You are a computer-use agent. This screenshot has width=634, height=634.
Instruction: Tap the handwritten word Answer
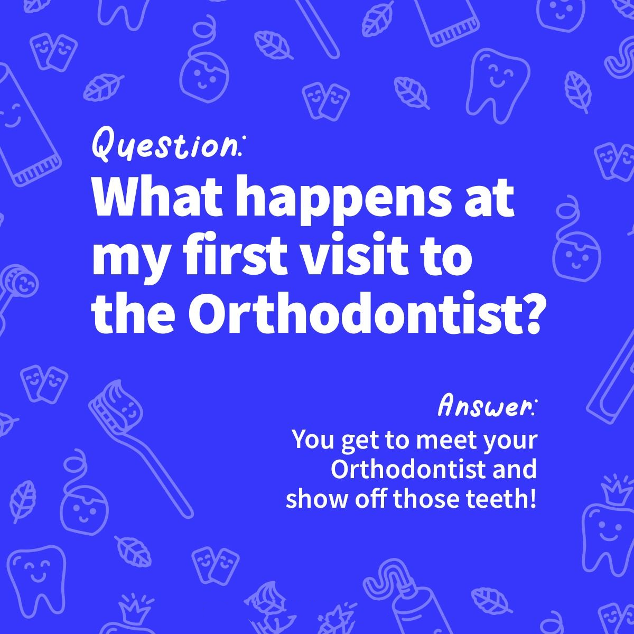pyautogui.click(x=486, y=407)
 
